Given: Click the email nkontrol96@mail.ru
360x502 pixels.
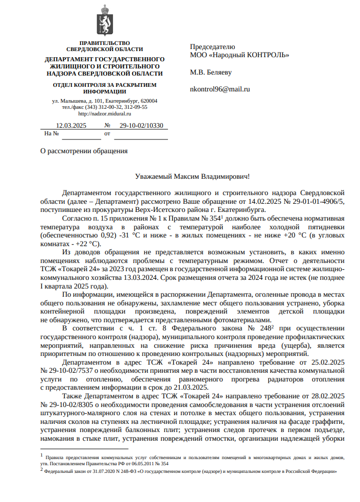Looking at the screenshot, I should (x=220, y=89).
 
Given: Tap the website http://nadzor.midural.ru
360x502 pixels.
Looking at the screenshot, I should (x=105, y=113).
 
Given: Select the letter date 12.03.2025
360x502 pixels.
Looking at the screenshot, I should (x=71, y=125).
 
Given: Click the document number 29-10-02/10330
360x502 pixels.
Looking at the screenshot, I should (x=141, y=125).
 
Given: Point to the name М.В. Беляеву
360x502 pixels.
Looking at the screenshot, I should (x=211, y=72).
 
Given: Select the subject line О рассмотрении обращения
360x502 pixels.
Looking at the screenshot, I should (x=84, y=151).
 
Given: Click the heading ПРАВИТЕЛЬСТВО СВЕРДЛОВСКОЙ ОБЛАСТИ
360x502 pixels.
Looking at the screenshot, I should (x=105, y=46).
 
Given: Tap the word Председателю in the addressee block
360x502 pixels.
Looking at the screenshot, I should (x=212, y=46).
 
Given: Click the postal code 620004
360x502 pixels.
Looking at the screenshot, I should (x=148, y=101).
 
